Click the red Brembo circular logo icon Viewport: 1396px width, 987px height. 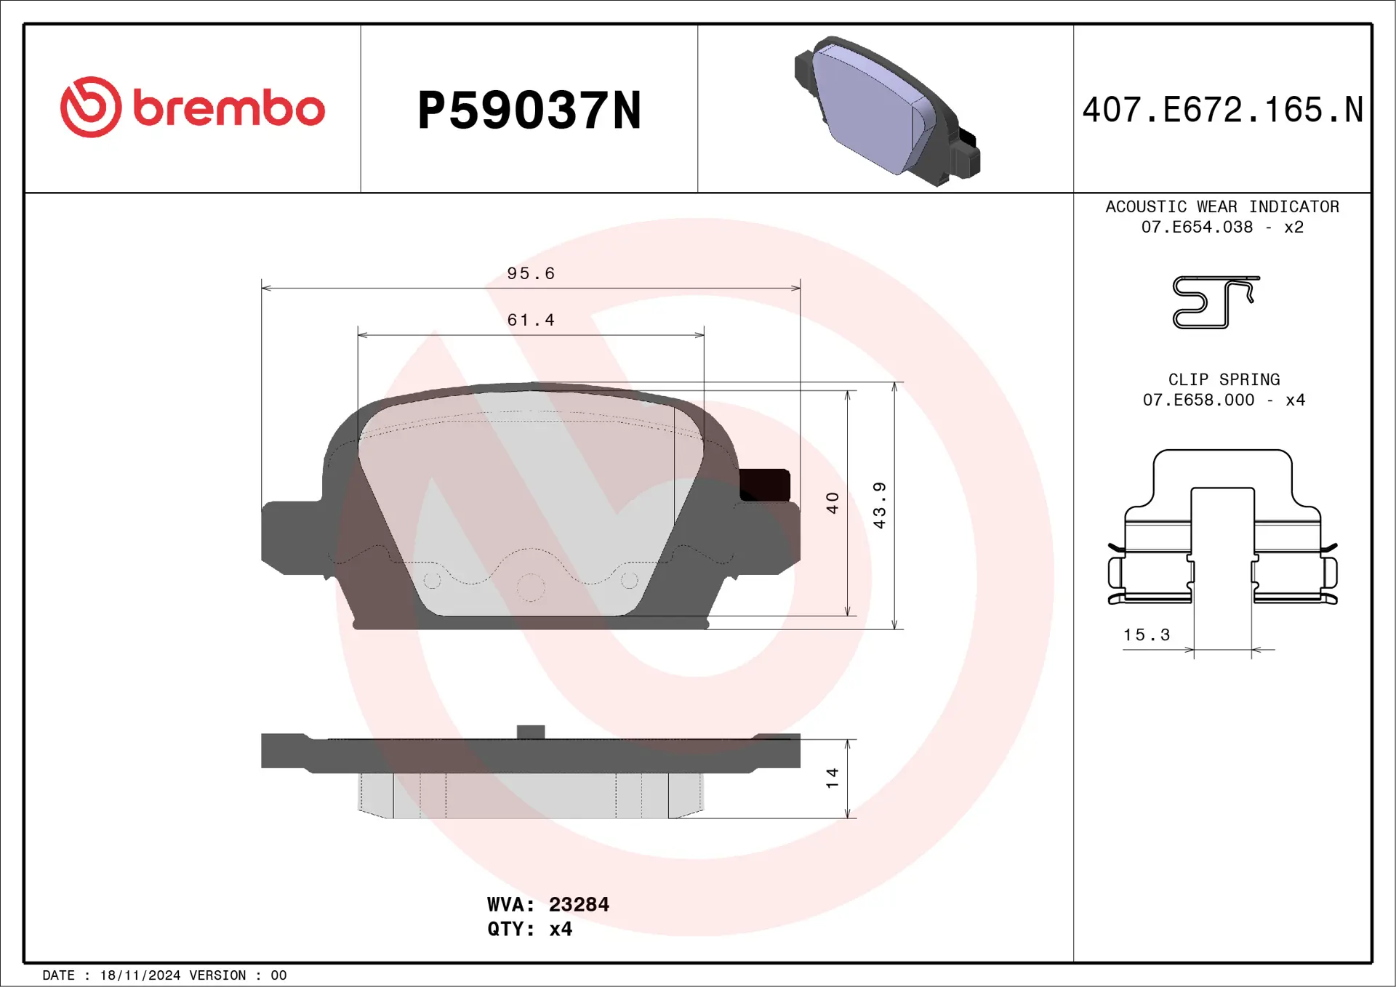pyautogui.click(x=91, y=107)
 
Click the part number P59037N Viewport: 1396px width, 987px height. pyautogui.click(x=529, y=110)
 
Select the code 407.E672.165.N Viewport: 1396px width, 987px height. pyautogui.click(x=1222, y=110)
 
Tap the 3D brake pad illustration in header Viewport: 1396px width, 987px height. pyautogui.click(x=887, y=110)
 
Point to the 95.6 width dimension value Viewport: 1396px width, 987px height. pyautogui.click(x=531, y=273)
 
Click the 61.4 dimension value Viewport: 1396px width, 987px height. pyautogui.click(x=531, y=320)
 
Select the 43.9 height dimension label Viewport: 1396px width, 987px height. pyautogui.click(x=879, y=505)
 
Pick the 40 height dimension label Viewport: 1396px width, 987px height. pyautogui.click(x=833, y=503)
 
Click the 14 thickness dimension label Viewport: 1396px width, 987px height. pyautogui.click(x=833, y=778)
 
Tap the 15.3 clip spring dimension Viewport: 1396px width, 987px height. pyautogui.click(x=1147, y=634)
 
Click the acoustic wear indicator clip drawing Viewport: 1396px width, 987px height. pyautogui.click(x=1214, y=302)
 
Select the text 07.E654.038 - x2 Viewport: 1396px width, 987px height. pyautogui.click(x=1222, y=227)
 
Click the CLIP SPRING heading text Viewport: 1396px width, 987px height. pyautogui.click(x=1224, y=379)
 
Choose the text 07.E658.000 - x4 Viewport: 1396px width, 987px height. pyautogui.click(x=1224, y=400)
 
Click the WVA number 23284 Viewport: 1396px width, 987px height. pyautogui.click(x=579, y=904)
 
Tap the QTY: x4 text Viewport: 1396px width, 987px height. pyautogui.click(x=529, y=929)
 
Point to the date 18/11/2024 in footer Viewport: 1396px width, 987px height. pyautogui.click(x=140, y=975)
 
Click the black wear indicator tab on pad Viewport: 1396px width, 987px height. pyautogui.click(x=765, y=485)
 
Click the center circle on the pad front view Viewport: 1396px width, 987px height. pyautogui.click(x=531, y=587)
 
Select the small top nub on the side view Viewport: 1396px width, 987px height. pyautogui.click(x=531, y=732)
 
